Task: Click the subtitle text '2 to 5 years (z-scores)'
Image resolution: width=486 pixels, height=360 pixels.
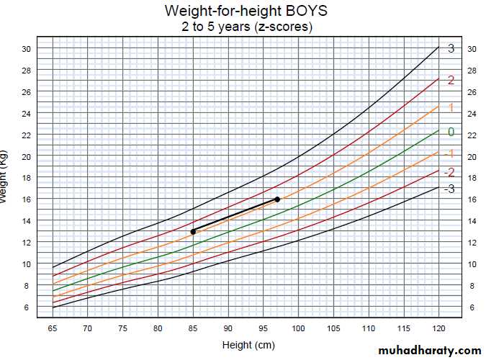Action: tap(245, 27)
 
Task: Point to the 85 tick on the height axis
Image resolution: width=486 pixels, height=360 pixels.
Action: tap(193, 328)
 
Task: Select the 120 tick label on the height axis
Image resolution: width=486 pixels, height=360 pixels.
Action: tap(438, 328)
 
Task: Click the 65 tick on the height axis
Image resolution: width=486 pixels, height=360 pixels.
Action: tap(53, 328)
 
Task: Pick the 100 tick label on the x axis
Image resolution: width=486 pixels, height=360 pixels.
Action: tap(298, 328)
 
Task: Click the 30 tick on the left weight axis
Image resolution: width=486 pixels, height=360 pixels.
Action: tap(26, 49)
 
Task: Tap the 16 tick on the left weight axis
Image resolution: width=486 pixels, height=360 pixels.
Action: tap(26, 199)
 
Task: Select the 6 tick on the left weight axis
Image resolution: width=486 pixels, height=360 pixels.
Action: tap(26, 307)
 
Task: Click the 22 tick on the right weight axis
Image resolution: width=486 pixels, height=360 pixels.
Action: tap(472, 135)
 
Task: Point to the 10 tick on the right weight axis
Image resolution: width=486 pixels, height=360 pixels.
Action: tap(472, 264)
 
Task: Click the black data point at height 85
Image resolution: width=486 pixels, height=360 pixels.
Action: tap(193, 231)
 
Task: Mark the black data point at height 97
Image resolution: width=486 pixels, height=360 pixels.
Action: tap(277, 199)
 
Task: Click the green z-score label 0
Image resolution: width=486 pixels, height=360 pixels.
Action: tap(451, 132)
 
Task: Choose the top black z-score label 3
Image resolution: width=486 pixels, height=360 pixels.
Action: tap(451, 49)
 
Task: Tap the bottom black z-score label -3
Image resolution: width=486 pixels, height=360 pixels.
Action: tap(449, 189)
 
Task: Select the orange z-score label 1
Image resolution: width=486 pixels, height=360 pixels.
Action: tap(451, 107)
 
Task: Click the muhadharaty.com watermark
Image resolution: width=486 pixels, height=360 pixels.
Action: tap(428, 350)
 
